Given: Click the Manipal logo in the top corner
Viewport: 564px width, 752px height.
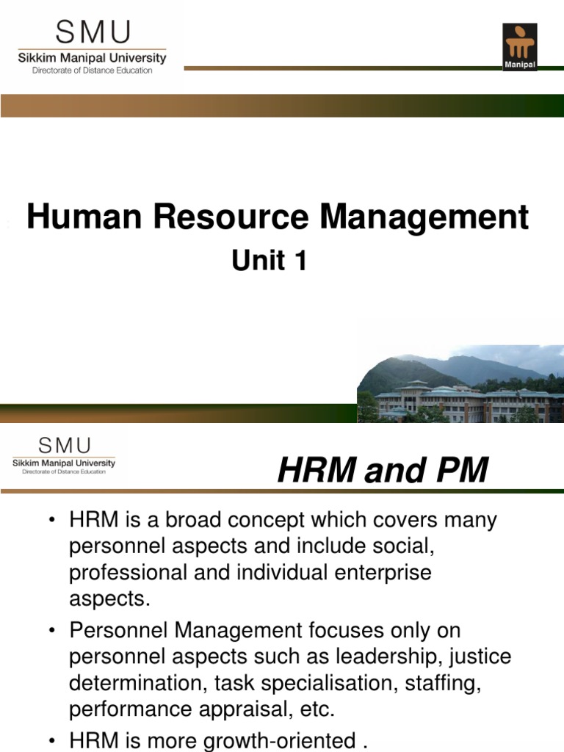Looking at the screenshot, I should coord(519,47).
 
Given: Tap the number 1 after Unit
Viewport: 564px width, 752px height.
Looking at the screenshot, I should coord(299,261).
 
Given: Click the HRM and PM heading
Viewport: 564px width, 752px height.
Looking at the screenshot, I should coord(383,471).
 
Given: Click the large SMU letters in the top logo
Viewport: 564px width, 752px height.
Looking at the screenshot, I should coord(92,33).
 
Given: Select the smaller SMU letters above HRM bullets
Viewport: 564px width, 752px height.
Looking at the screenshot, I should coord(64,445).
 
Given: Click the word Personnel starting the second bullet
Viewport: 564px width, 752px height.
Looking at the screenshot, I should coord(122,630).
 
